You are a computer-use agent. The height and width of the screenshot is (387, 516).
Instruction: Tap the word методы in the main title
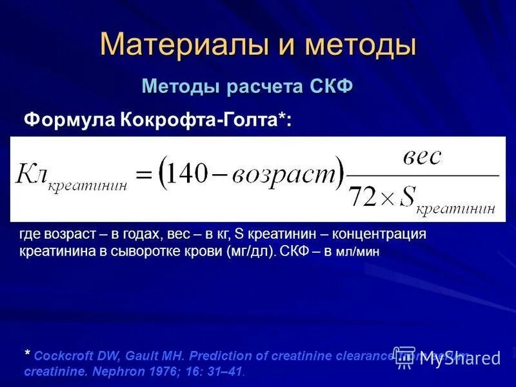tap(361, 43)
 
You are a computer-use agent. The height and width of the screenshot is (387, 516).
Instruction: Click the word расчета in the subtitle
tap(261, 86)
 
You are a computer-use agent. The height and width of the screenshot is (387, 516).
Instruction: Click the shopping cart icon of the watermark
tap(405, 355)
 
